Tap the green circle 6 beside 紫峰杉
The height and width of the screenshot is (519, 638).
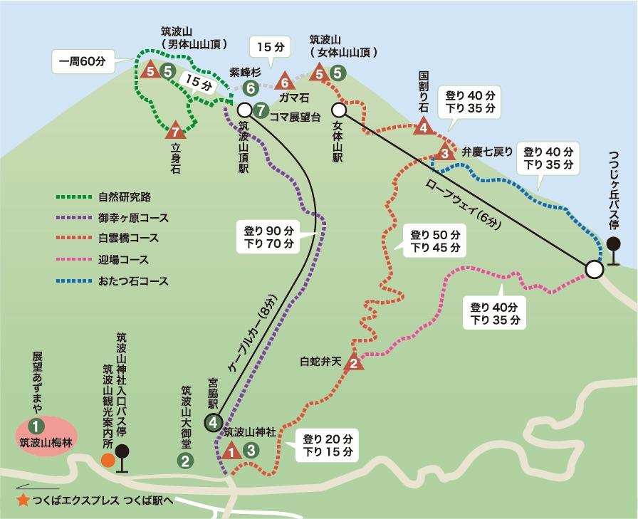249,88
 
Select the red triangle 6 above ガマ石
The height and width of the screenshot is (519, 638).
285,80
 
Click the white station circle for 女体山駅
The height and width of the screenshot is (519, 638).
339,110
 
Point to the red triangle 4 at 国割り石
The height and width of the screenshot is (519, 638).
424,127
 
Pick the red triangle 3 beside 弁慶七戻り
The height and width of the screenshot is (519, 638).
444,152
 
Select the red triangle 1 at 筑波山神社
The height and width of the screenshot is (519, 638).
231,451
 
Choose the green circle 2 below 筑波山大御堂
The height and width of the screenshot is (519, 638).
184,460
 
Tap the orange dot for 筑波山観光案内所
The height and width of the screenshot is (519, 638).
108,460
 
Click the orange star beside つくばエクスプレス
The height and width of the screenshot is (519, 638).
23,500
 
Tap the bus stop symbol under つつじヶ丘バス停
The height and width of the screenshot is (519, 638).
613,248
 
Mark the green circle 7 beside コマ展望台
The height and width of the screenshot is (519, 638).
261,110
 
